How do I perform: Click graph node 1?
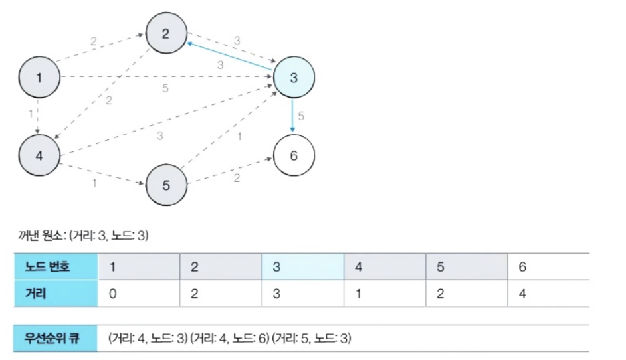tap(39, 78)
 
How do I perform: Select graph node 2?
tap(166, 33)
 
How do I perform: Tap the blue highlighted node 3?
tap(293, 78)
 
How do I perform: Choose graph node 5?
tap(166, 185)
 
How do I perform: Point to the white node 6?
tap(293, 157)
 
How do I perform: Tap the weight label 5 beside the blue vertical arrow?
tap(301, 116)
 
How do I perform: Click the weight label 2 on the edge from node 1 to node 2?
tap(94, 41)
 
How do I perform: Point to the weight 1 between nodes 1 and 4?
tap(31, 114)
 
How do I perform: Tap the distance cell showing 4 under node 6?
tap(522, 293)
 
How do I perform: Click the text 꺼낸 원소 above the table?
tap(41, 235)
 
